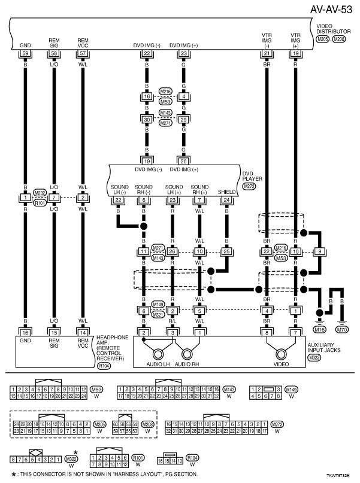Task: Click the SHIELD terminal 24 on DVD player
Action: (x=227, y=200)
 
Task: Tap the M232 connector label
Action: (x=40, y=192)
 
